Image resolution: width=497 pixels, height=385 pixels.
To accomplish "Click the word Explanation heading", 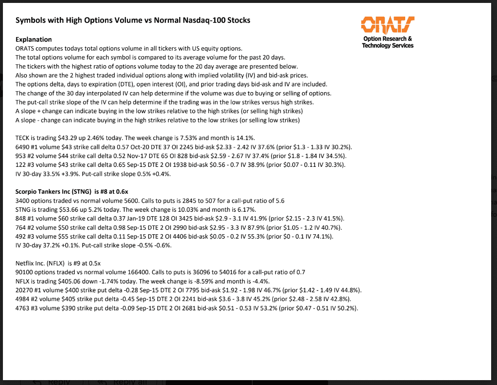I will click(34, 39).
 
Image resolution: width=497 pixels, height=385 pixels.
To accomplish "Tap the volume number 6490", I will click(22, 147).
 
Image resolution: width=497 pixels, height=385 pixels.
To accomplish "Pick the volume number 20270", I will click(24, 289).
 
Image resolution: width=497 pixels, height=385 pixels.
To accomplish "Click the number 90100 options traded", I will click(24, 272).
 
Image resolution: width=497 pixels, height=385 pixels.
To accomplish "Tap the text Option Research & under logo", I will click(388, 39).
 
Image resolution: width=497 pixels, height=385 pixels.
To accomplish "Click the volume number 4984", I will click(22, 299).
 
